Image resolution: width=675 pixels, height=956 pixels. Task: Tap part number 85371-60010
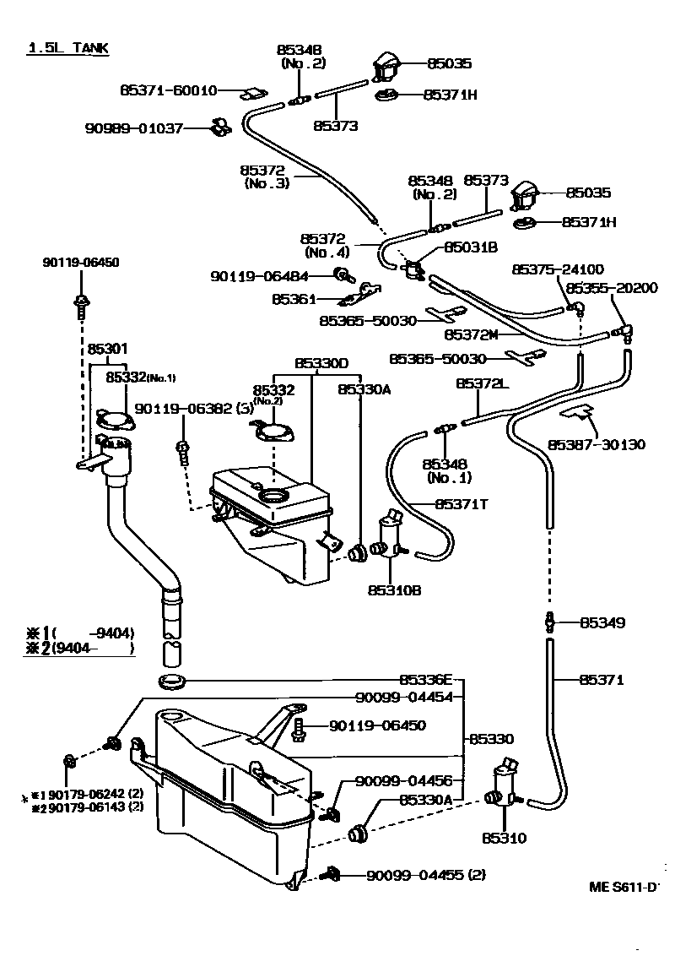168,90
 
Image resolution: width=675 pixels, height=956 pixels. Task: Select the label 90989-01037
134,128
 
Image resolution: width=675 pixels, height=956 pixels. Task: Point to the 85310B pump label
394,589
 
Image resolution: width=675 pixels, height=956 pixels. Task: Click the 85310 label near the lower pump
505,838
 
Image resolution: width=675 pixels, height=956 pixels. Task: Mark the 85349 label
602,623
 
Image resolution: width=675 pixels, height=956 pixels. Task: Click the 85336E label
426,679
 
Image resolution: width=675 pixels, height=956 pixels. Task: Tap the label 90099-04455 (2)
425,875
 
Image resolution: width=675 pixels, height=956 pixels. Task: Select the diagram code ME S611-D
623,887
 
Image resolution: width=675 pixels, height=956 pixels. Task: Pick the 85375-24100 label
558,269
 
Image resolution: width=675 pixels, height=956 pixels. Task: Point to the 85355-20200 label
612,288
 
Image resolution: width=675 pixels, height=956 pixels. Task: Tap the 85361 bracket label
294,299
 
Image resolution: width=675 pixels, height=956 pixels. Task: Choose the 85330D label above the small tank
321,363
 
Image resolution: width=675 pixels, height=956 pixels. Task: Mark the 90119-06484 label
259,275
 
